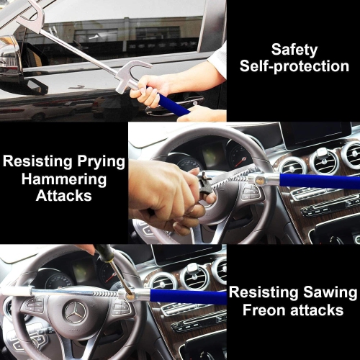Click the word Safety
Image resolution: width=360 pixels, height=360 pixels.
click(x=294, y=49)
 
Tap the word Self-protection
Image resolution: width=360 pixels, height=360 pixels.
click(x=294, y=66)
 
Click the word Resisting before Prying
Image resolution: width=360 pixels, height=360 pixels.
click(x=36, y=161)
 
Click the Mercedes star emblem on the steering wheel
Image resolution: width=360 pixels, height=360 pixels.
click(x=74, y=312)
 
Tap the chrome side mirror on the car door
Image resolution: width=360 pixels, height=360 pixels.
click(x=10, y=58)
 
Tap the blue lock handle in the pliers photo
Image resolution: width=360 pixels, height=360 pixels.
click(x=317, y=181)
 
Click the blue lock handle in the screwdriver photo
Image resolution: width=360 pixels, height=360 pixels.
click(x=189, y=296)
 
